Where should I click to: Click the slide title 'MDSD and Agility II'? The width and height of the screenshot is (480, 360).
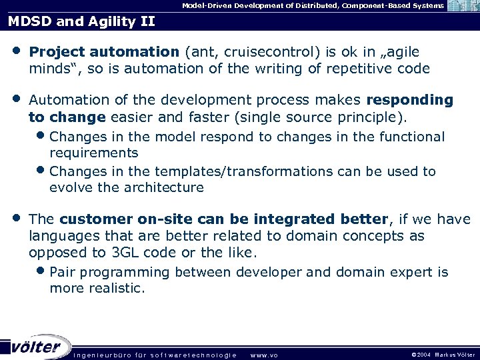(x=81, y=21)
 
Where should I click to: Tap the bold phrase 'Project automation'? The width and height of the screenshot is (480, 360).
(x=104, y=52)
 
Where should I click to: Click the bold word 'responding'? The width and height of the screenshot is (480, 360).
(x=409, y=100)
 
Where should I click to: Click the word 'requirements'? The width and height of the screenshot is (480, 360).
(x=93, y=153)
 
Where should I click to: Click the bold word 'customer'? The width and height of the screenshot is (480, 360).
(x=96, y=219)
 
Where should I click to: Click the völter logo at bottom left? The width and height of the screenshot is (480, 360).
(x=37, y=347)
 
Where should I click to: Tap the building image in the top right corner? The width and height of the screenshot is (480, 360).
(x=463, y=6)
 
